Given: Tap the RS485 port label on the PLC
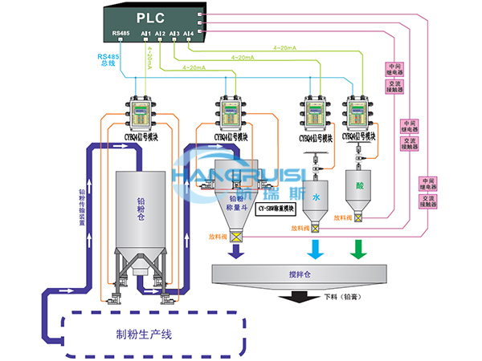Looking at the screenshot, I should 121,33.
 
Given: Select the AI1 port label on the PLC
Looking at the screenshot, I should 146,33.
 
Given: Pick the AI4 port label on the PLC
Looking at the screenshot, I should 188,33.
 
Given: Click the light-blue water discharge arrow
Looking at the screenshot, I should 316,251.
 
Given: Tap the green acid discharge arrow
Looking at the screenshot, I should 357,251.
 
